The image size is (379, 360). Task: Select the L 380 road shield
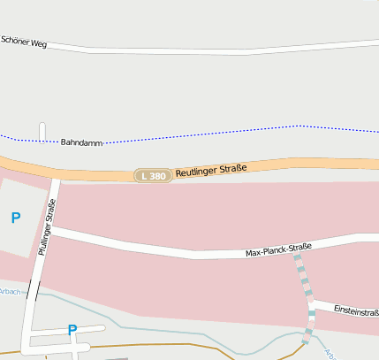pyautogui.click(x=151, y=176)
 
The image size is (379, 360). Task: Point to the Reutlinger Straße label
pyautogui.click(x=210, y=168)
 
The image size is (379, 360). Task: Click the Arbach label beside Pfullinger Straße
pyautogui.click(x=10, y=291)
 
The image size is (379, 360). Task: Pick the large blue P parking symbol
pyautogui.click(x=15, y=218)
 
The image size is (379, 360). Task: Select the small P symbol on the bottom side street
pyautogui.click(x=72, y=330)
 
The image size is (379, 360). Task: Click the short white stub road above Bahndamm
pyautogui.click(x=42, y=131)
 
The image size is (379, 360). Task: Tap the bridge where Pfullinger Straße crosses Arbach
pyautogui.click(x=34, y=290)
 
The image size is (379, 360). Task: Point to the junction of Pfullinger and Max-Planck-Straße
pyautogui.click(x=49, y=228)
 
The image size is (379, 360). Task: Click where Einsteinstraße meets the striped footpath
pyautogui.click(x=312, y=303)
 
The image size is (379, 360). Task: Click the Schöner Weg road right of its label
pyautogui.click(x=177, y=50)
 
